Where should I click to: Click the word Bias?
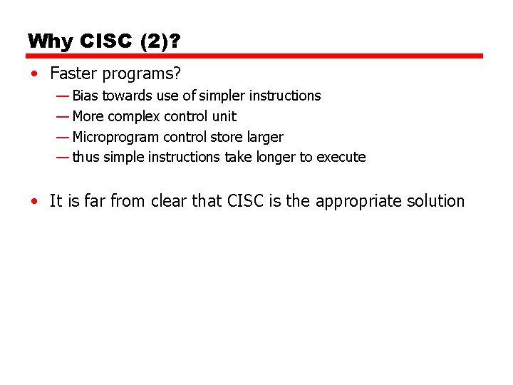85,96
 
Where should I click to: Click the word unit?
224,116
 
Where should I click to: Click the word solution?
435,201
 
